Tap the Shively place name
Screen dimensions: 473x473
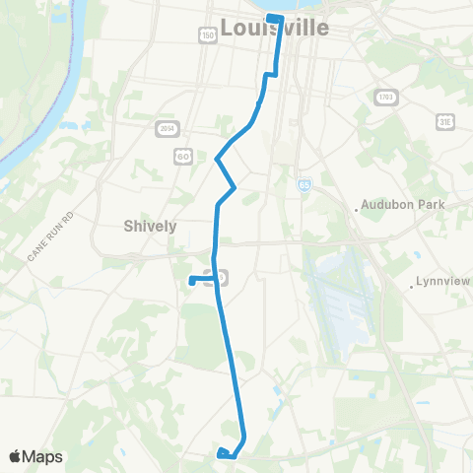(150, 226)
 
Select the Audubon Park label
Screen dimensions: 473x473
(406, 205)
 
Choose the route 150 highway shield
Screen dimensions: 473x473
(207, 35)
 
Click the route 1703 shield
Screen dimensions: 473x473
(385, 97)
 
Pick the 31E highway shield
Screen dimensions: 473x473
(445, 120)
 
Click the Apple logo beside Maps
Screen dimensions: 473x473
(16, 456)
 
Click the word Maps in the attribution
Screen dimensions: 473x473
(43, 456)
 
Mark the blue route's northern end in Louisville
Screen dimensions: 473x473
(275, 19)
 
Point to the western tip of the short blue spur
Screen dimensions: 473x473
(191, 281)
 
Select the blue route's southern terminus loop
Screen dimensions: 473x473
(226, 453)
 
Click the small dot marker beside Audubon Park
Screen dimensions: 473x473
(357, 209)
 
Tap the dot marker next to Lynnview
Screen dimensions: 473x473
(411, 288)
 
